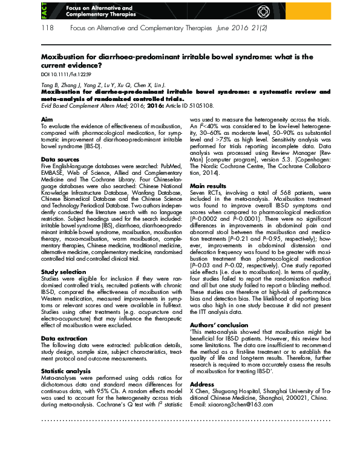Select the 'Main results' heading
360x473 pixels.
pos(208,186)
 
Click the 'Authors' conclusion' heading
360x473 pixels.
pos(219,325)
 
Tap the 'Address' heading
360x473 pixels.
pos(202,383)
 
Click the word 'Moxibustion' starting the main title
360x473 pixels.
pos(65,56)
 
